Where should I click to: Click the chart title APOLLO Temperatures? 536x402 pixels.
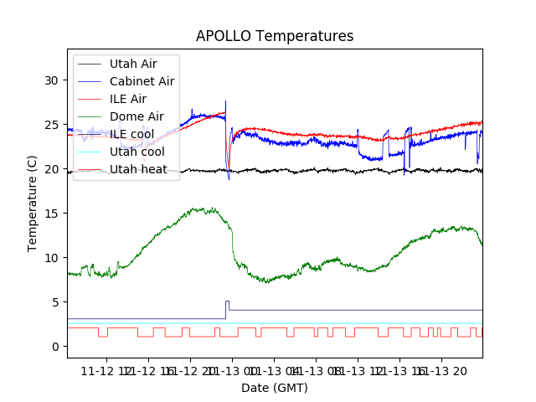275,37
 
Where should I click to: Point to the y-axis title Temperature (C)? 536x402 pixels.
33,204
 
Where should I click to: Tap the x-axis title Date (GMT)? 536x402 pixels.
275,388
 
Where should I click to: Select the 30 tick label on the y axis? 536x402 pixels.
51,80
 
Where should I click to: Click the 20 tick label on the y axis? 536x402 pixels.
51,169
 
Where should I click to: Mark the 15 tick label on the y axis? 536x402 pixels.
51,214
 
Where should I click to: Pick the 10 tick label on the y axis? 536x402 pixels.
51,258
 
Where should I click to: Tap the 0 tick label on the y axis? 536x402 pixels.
54,347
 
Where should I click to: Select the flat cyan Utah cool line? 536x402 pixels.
335,323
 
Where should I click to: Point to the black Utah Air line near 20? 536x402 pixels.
335,170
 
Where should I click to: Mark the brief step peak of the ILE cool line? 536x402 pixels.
227,302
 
